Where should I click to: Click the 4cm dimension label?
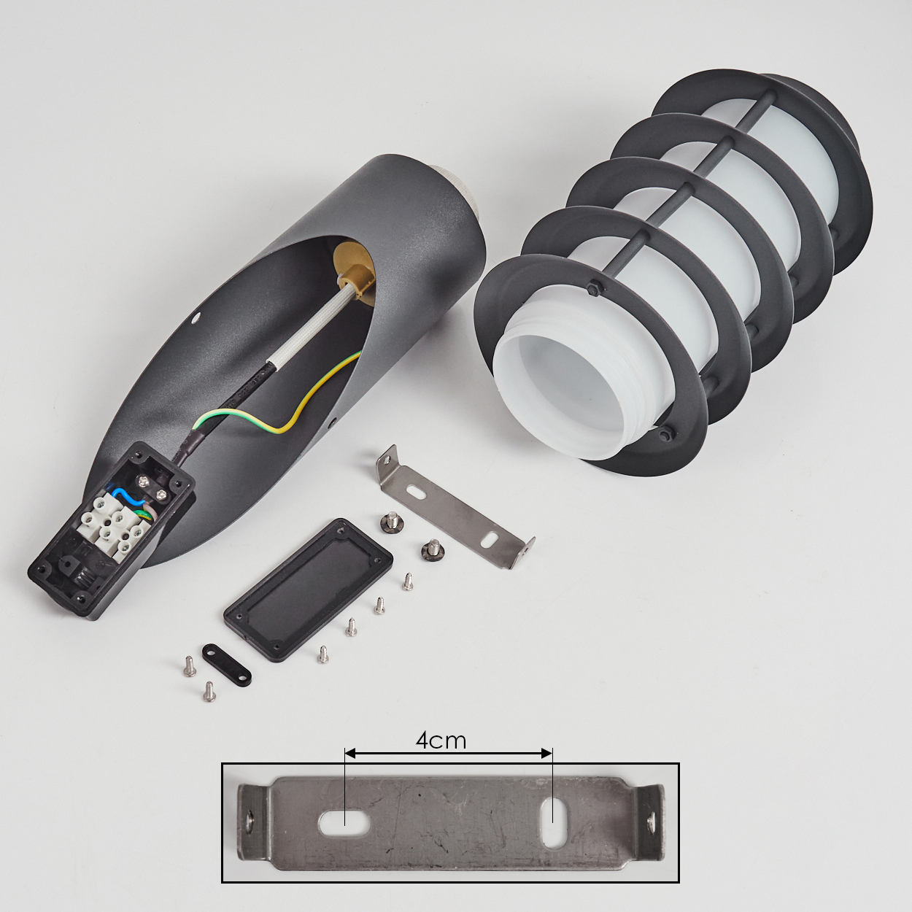[441, 741]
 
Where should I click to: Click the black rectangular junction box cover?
[308, 590]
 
